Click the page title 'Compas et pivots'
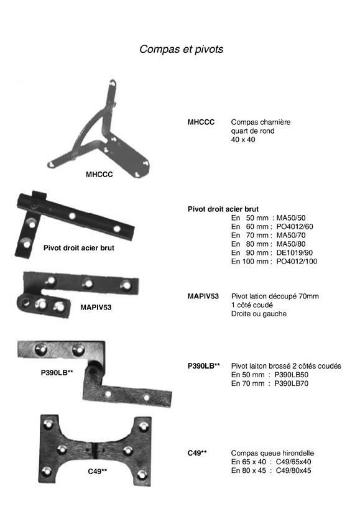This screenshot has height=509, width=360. pos(181,49)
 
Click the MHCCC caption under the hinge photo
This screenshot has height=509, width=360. pos(99,175)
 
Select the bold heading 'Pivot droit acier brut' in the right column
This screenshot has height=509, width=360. pos(223,209)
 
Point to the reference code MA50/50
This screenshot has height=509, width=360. pos(291,218)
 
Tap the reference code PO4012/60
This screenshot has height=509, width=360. pos(295,227)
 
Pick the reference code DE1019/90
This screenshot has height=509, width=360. pos(295,252)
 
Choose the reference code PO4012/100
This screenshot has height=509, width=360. pos(297,261)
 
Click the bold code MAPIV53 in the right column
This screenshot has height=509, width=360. pos(203,296)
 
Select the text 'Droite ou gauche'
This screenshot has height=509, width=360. pos(259,314)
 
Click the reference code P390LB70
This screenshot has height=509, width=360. pos(291,383)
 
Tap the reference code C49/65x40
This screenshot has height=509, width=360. pos(293,462)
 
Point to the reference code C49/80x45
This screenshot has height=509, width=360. pos(293,470)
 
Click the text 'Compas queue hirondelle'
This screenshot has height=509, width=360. pos(272,453)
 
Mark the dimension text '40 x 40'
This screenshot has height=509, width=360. pos(243,140)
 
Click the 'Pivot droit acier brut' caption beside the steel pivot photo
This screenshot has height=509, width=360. pos(79,248)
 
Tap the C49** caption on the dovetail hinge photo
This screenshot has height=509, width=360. pos(98,471)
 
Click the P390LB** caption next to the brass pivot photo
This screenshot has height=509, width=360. pos(57,373)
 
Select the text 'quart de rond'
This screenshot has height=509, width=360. pos(252,131)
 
